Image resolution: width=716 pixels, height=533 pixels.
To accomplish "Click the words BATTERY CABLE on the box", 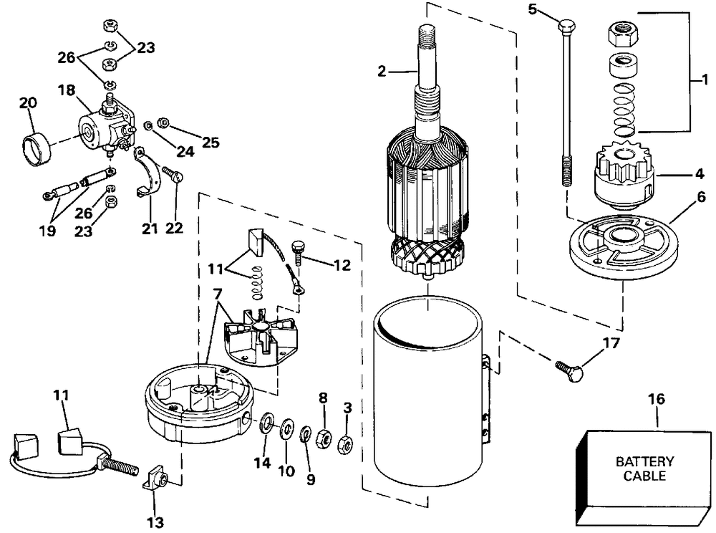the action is coord(644,469).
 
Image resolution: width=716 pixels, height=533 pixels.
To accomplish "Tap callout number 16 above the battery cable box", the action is coord(657,399).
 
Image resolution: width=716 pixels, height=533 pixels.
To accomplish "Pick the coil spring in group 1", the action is coord(624,110).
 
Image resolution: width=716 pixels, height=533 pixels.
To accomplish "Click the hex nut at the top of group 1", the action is coord(623,35).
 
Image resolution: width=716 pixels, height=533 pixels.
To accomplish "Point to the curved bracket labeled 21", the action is coord(148,173).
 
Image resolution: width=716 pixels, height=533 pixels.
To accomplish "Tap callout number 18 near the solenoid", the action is coord(67,90).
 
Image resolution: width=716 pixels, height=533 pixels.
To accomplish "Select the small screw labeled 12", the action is coord(298,251).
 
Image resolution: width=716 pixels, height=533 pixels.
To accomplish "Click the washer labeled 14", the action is coord(266,423).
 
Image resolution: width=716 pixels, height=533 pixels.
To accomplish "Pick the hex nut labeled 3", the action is coord(346,443).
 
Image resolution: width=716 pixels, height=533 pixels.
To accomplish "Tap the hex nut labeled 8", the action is coord(324,438).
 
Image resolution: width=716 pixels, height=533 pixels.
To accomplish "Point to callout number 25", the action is coord(211,143).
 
